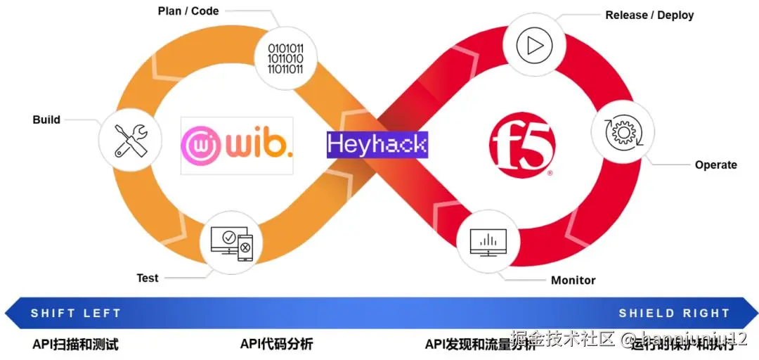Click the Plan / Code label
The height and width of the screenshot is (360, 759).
point(188,11)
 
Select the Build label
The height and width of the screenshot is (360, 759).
point(46,120)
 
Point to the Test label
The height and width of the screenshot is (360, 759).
point(148,278)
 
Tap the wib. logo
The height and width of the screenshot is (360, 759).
point(237,145)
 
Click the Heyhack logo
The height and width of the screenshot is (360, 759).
point(377,144)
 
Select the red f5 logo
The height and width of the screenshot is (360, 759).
point(522,143)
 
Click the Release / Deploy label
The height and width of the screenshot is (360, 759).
point(649,15)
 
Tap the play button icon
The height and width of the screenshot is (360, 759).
point(532,46)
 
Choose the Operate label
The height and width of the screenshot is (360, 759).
point(715,165)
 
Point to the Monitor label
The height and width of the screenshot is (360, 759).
point(573,280)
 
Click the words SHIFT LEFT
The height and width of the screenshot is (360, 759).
point(76,313)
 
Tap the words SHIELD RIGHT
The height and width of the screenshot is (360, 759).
point(674,313)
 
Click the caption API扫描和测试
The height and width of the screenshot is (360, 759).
point(75,344)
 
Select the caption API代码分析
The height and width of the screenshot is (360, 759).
point(276,344)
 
